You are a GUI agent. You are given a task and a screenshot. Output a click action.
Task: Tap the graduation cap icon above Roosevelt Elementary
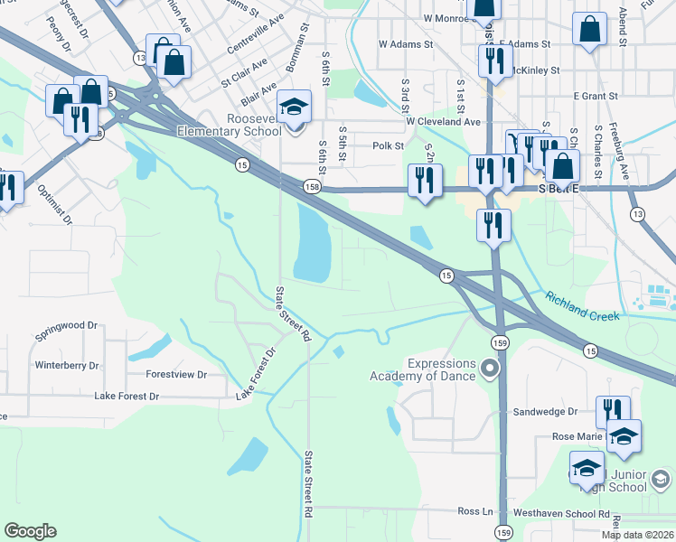294,107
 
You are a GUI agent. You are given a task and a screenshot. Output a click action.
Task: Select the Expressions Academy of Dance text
428,369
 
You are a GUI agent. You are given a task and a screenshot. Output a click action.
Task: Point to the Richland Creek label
582,306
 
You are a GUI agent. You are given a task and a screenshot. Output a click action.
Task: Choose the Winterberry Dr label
67,366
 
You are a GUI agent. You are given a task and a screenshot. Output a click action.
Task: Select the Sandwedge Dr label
544,411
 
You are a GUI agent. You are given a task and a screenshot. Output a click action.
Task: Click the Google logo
30,531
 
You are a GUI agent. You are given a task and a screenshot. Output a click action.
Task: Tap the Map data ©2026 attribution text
637,535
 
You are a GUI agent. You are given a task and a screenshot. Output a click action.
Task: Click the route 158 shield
312,187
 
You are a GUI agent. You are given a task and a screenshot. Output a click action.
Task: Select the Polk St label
386,145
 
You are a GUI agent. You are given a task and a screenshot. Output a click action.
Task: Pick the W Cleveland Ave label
443,121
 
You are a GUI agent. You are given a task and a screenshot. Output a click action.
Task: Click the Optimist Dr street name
54,205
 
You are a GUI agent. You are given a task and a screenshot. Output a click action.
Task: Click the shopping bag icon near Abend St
589,29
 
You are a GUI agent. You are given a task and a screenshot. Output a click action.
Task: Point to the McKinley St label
535,70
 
